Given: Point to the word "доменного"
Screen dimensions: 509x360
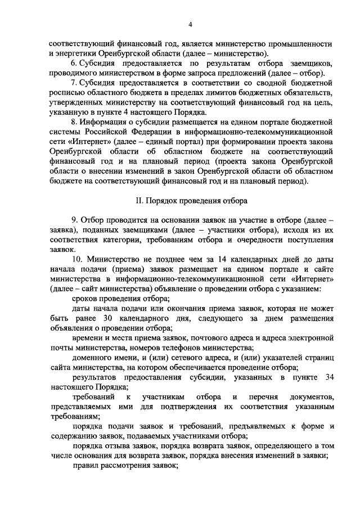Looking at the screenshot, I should click(93, 360).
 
